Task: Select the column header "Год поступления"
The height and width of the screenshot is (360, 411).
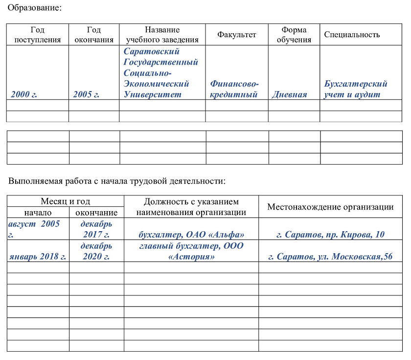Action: click(38, 35)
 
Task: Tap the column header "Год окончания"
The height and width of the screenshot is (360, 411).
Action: click(94, 35)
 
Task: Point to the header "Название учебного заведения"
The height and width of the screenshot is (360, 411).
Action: click(162, 35)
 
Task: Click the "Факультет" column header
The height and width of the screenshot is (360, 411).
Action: click(237, 35)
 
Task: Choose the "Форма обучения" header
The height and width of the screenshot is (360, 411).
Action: click(294, 35)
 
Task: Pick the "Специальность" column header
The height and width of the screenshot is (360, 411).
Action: click(352, 35)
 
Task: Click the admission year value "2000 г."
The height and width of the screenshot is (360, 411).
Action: click(24, 95)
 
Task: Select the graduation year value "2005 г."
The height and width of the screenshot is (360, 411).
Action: click(86, 95)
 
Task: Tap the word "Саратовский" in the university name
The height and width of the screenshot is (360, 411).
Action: click(152, 51)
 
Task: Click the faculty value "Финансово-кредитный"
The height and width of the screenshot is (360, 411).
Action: click(234, 89)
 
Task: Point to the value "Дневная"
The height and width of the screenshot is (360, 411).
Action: click(289, 95)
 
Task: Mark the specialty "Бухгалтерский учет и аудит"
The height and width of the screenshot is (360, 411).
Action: click(356, 89)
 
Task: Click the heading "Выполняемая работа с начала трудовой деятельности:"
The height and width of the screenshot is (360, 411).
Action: click(117, 181)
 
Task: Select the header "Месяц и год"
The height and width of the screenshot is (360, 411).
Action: click(65, 201)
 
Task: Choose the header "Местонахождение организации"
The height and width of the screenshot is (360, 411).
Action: click(330, 207)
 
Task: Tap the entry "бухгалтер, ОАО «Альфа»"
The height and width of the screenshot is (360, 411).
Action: click(191, 235)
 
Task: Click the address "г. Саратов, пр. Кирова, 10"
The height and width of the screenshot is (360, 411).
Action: click(330, 235)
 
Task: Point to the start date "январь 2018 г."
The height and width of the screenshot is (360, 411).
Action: click(38, 257)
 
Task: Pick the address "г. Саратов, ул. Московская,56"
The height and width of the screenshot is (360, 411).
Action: click(331, 257)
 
